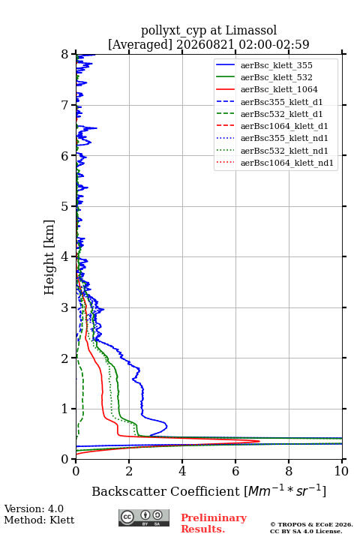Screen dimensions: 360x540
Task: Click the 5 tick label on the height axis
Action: click(65, 207)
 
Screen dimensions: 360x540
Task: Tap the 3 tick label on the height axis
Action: click(65, 307)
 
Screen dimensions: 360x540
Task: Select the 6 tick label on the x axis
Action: click(235, 471)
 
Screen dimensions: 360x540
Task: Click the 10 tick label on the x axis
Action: click(341, 471)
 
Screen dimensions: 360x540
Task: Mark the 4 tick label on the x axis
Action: click(182, 471)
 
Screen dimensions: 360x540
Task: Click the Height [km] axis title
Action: click(49, 257)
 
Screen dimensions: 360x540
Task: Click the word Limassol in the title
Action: click(251, 31)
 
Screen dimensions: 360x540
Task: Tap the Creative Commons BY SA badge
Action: click(144, 517)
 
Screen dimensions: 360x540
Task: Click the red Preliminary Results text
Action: click(214, 523)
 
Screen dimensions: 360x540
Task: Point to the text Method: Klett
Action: click(39, 520)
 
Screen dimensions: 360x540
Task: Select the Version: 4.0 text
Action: click(34, 509)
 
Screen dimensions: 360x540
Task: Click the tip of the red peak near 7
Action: click(259, 441)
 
